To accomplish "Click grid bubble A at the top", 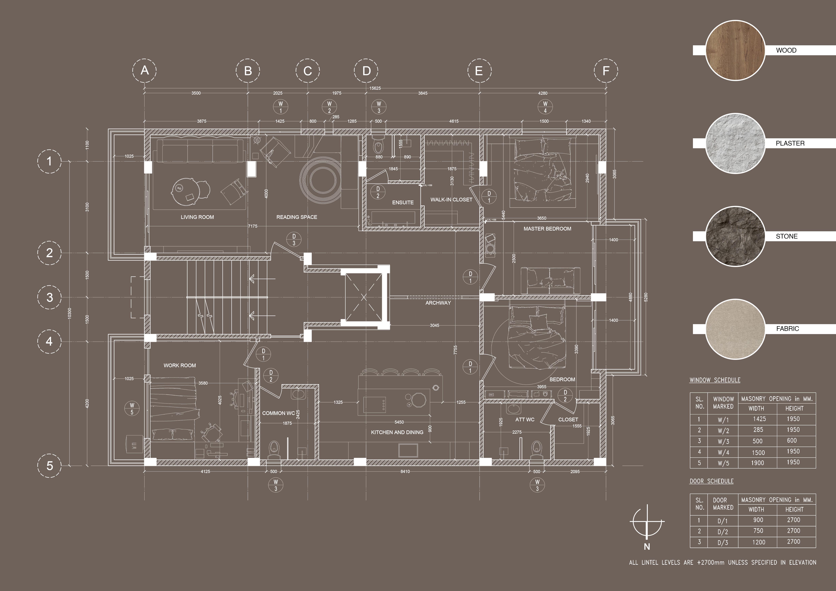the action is point(145,70).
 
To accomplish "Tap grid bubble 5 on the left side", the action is point(50,465).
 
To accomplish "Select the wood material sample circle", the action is point(735,50).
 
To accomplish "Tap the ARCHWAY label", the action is point(438,303).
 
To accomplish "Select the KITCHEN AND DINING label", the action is point(397,432).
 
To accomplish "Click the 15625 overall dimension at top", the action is point(375,88).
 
